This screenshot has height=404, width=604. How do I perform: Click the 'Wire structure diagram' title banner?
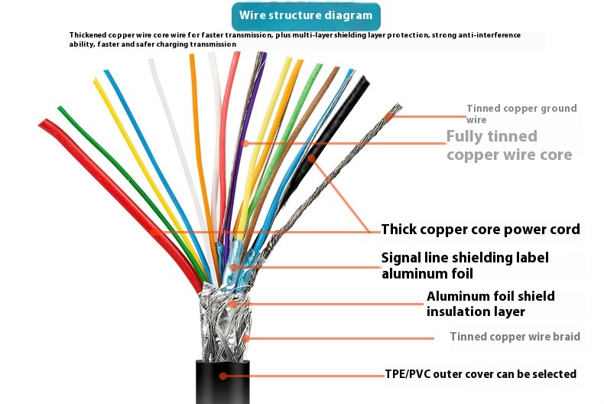click(x=305, y=15)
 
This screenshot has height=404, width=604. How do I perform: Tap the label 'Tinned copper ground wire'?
click(x=521, y=113)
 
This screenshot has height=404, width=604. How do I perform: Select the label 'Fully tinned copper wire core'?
click(x=508, y=145)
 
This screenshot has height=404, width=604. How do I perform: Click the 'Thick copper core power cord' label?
click(x=480, y=230)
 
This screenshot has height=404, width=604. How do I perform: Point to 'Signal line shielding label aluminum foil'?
click(x=465, y=266)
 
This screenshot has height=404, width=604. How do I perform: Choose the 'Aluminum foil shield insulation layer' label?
click(x=490, y=304)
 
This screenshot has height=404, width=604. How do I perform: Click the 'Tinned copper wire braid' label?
click(x=515, y=337)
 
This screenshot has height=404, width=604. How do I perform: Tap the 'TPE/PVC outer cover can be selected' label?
click(x=480, y=374)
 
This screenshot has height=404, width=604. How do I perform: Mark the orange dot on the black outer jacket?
click(x=222, y=375)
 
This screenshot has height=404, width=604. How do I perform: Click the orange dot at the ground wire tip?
click(x=389, y=117)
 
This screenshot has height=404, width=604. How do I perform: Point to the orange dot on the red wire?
click(x=154, y=231)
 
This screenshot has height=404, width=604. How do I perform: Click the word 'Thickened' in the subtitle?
click(x=91, y=35)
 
